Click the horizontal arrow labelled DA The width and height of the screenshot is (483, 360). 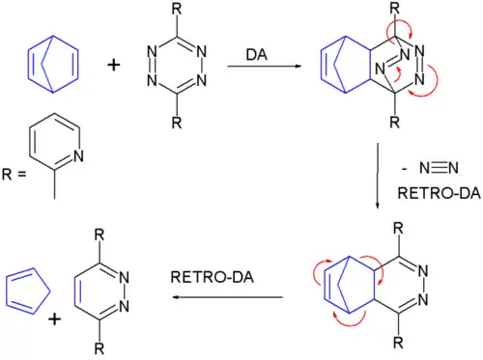click(x=256, y=67)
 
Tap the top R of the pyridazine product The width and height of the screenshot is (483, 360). click(x=99, y=235)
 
